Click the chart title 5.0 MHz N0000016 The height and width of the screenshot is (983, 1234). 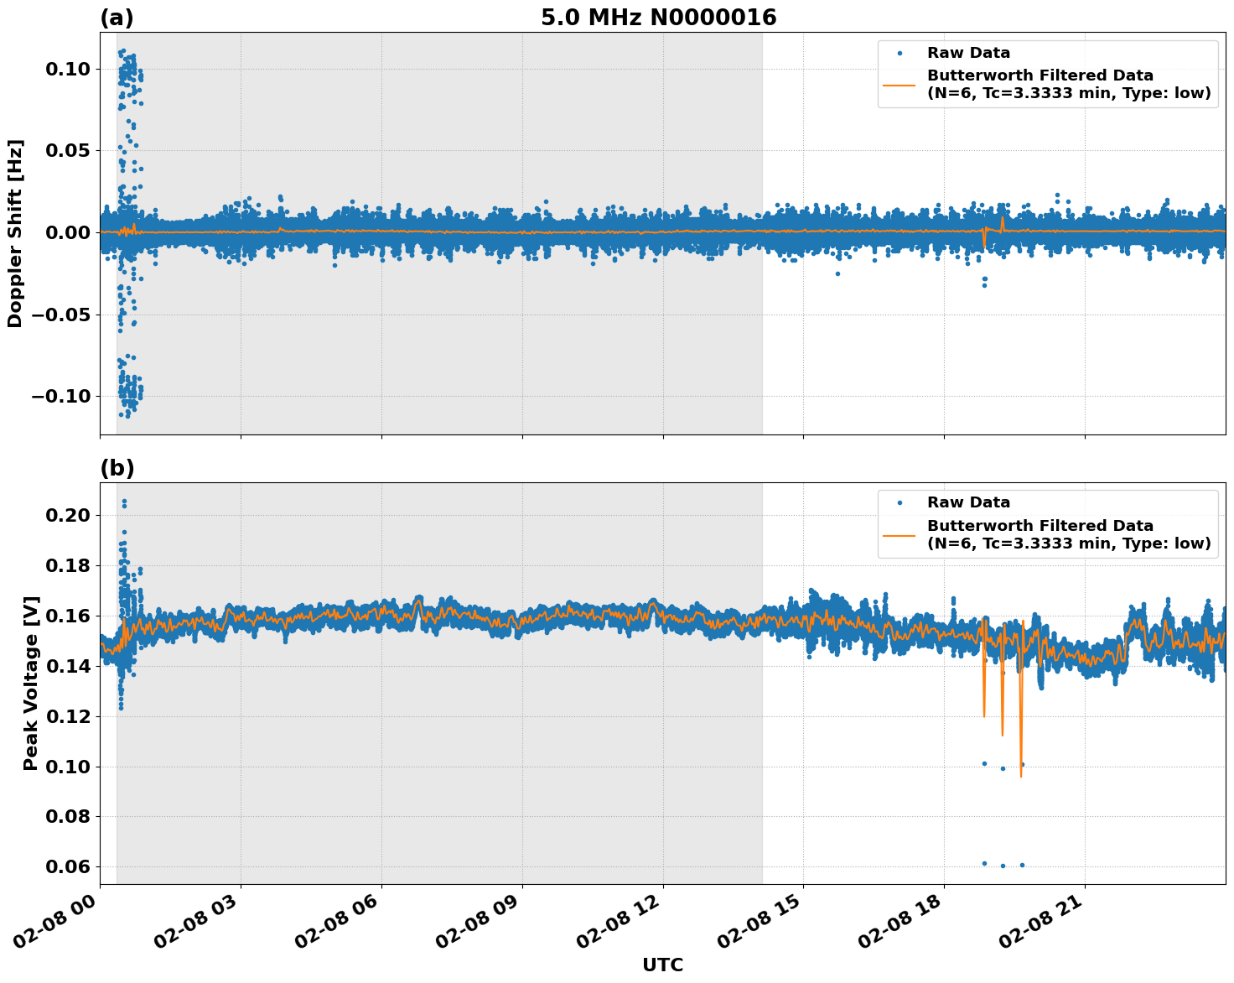(658, 18)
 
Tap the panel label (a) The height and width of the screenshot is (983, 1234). (117, 18)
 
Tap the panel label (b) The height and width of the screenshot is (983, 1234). (117, 468)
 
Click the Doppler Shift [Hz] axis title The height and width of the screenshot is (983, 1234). (15, 233)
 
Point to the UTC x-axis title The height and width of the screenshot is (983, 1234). (662, 965)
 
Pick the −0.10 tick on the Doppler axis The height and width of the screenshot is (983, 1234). (60, 396)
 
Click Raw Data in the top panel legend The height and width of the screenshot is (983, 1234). (968, 53)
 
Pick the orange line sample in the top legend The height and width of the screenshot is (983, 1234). (899, 84)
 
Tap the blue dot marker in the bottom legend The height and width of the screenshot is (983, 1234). (899, 502)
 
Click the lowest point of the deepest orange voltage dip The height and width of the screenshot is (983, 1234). (1021, 777)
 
